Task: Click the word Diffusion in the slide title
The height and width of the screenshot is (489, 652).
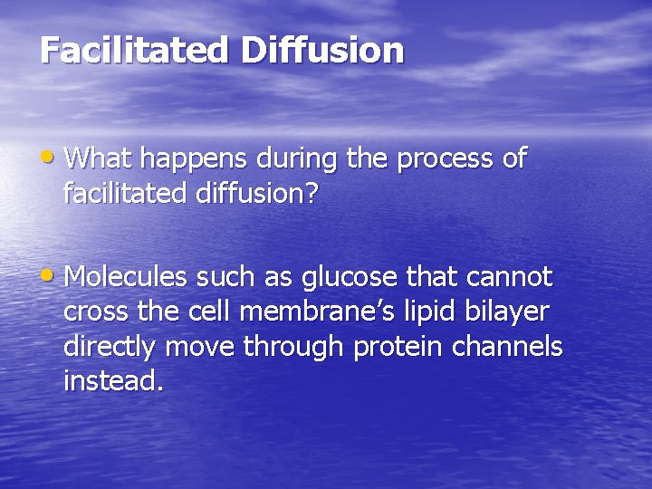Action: click(322, 50)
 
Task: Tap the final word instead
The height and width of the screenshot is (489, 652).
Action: click(113, 381)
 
